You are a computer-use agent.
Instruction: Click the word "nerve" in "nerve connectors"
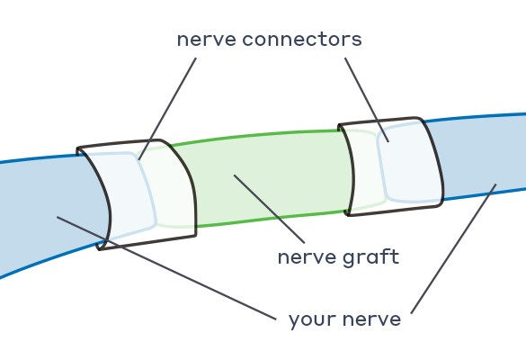click(207, 40)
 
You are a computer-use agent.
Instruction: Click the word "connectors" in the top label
click(302, 39)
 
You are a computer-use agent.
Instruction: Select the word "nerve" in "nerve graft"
click(307, 258)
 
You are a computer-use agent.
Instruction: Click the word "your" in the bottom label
click(312, 320)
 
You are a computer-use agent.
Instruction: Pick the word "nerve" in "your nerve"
click(371, 319)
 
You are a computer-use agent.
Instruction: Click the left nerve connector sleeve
click(141, 193)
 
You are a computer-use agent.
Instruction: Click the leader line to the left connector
click(167, 109)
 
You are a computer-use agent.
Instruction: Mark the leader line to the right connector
click(367, 100)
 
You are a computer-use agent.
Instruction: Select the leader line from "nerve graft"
click(270, 209)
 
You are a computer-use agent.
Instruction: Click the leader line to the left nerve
click(166, 268)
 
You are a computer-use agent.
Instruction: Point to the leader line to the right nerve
click(453, 248)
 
